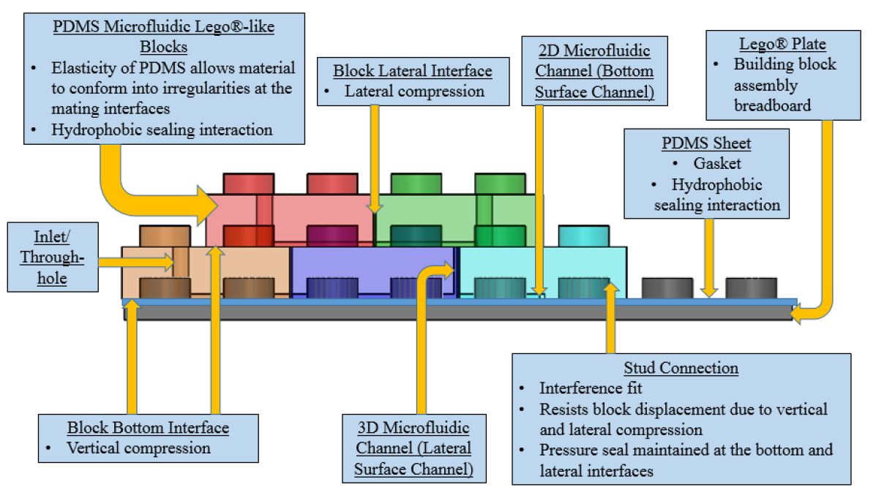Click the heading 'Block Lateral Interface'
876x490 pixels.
point(412,72)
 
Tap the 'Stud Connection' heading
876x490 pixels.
point(681,367)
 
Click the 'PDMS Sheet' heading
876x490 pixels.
point(707,142)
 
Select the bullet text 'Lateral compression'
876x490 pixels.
point(414,91)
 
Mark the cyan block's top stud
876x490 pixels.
point(583,235)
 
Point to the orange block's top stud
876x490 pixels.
point(165,235)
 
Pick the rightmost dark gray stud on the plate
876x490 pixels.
point(751,287)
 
